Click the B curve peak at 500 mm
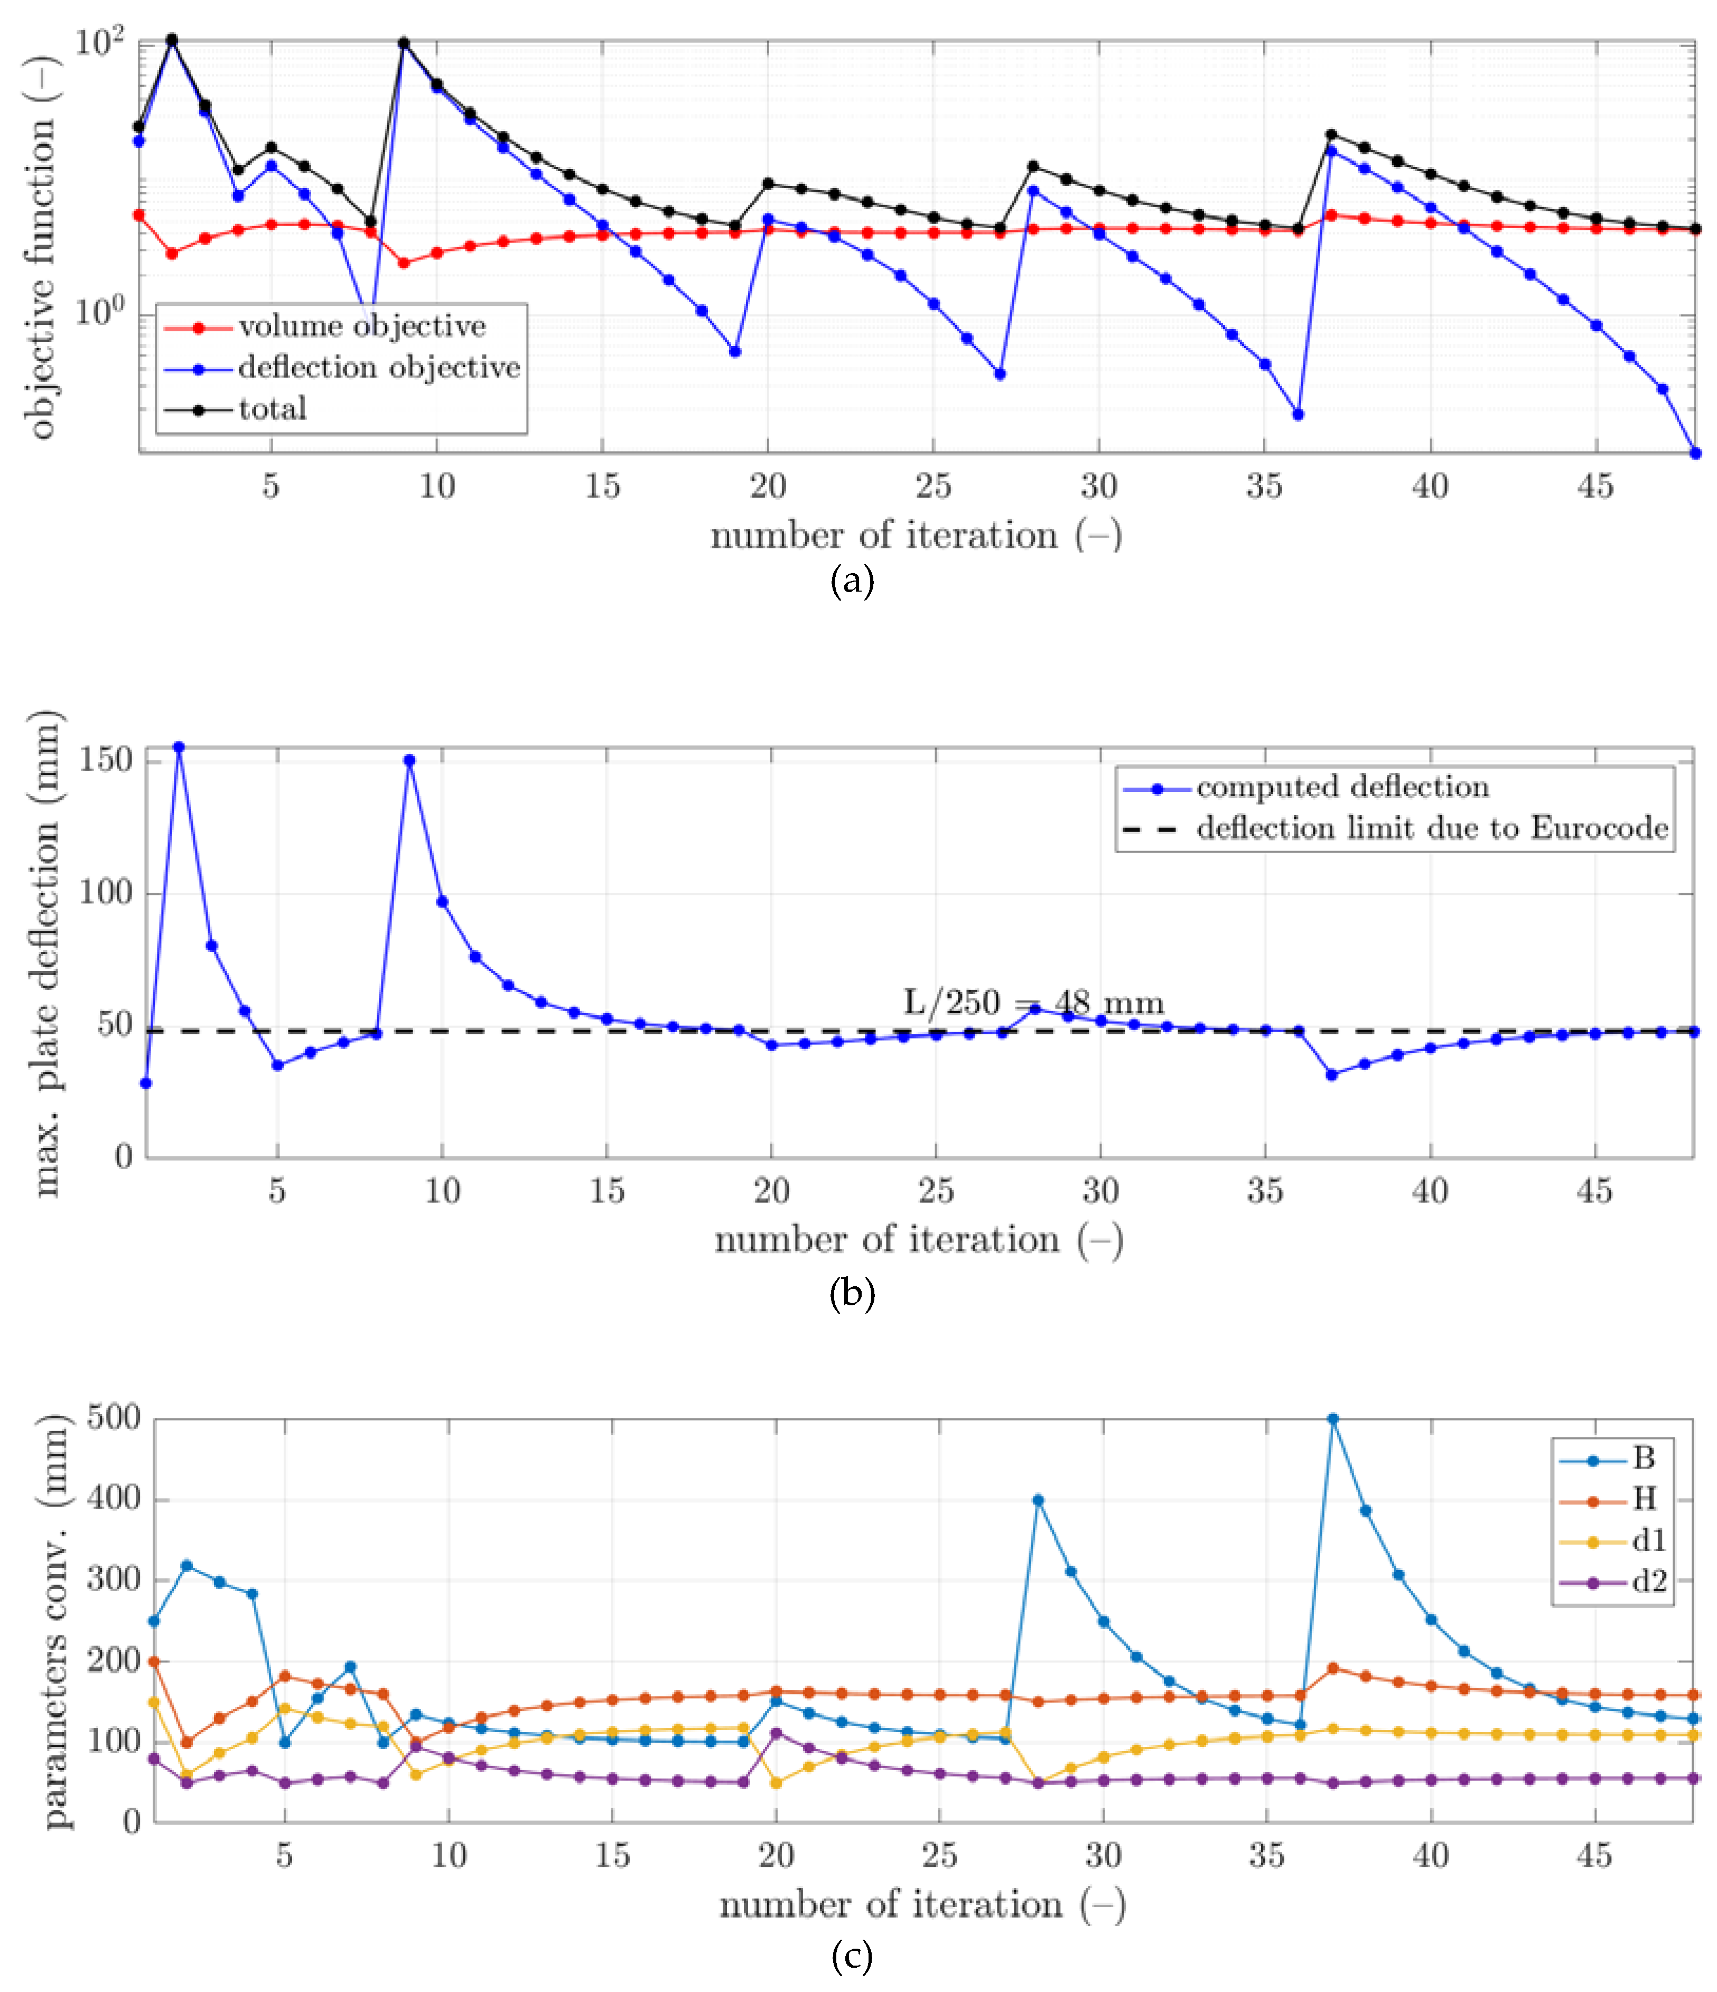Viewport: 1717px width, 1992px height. [1332, 1419]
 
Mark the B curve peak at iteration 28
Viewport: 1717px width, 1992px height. [1037, 1500]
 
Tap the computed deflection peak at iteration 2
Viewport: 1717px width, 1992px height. [179, 747]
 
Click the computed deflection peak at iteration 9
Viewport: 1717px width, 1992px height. [409, 760]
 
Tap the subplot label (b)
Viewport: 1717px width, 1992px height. [852, 1294]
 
